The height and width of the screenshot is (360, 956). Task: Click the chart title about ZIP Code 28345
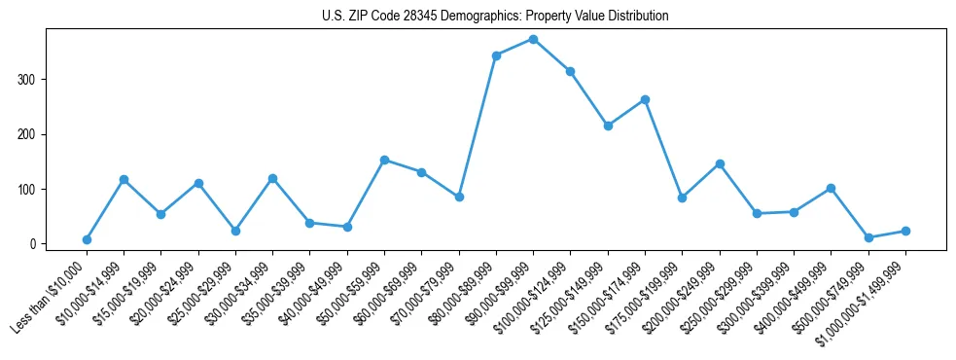495,17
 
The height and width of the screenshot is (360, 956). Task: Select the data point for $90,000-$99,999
533,39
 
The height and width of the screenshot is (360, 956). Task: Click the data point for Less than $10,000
87,239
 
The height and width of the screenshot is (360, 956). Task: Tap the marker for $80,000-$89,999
496,55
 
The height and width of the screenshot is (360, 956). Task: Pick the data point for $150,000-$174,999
645,99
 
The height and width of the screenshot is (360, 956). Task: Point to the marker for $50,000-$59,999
384,160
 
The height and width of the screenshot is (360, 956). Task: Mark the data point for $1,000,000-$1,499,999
905,231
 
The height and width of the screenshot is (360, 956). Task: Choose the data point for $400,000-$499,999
831,188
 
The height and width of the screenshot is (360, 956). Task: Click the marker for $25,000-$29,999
235,231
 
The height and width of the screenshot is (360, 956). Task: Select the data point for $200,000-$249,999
720,163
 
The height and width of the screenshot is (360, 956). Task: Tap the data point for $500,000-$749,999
868,237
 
